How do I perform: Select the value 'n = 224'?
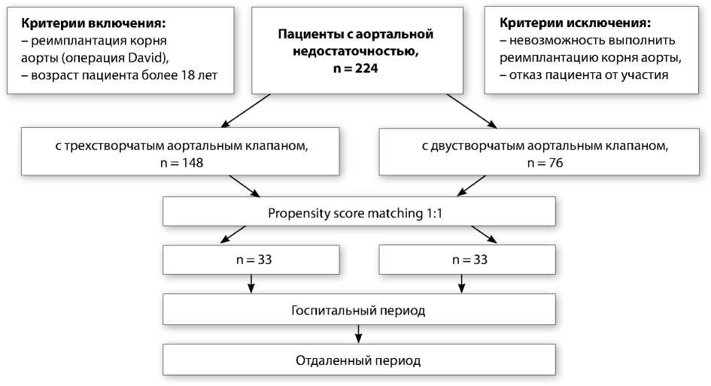point(357,68)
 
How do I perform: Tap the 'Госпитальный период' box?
point(360,309)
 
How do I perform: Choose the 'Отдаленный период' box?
point(360,360)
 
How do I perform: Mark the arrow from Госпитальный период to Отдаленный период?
point(360,333)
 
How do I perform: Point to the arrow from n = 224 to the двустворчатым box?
point(472,110)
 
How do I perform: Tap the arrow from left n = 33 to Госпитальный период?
point(251,284)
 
